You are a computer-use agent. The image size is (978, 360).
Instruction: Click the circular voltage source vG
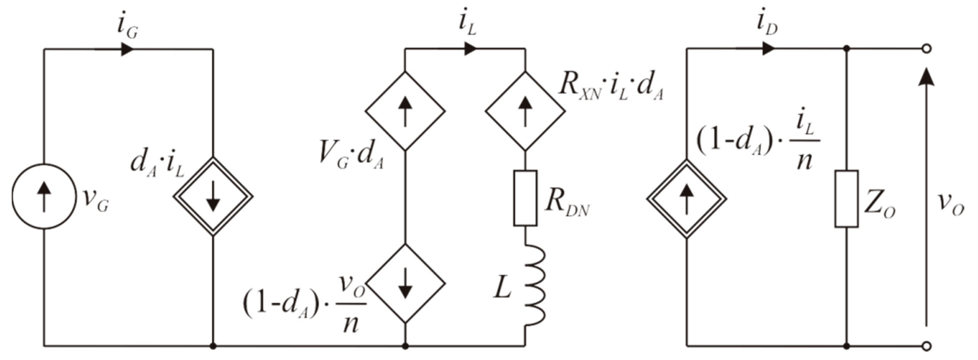pyautogui.click(x=44, y=196)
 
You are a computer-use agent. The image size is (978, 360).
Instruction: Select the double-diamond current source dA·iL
pyautogui.click(x=213, y=197)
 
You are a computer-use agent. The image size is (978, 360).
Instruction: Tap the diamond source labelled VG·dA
pyautogui.click(x=405, y=111)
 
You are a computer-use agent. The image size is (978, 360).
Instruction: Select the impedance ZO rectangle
pyautogui.click(x=846, y=199)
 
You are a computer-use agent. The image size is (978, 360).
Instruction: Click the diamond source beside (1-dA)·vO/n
pyautogui.click(x=405, y=283)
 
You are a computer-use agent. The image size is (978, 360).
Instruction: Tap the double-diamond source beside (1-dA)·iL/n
pyautogui.click(x=686, y=199)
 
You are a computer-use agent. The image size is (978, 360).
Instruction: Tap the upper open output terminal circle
pyautogui.click(x=927, y=49)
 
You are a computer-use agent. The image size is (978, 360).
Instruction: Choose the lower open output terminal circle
pyautogui.click(x=927, y=346)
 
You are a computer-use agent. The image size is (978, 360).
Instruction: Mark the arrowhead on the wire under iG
pyautogui.click(x=127, y=49)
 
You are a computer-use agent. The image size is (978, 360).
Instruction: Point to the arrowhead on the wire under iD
pyautogui.click(x=768, y=49)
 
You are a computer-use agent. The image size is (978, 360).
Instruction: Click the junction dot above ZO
pyautogui.click(x=846, y=49)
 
